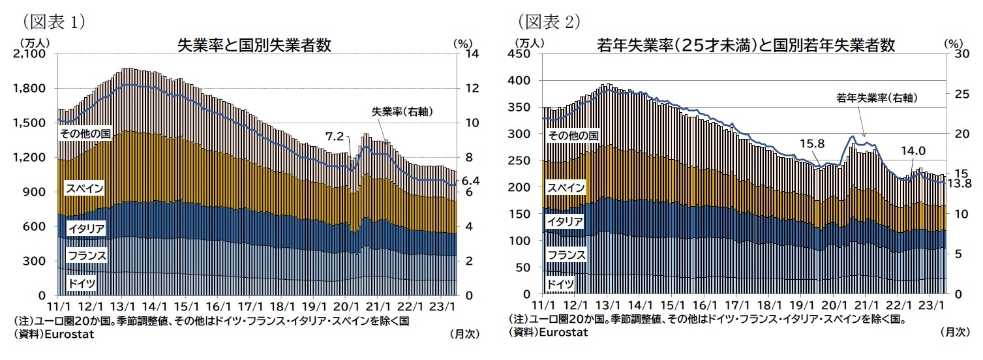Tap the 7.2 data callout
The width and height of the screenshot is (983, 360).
[x=334, y=136]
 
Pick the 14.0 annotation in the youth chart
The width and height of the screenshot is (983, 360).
[x=913, y=151]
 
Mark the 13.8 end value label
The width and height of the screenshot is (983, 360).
[x=961, y=184]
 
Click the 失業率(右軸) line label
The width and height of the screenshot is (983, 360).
[x=402, y=112]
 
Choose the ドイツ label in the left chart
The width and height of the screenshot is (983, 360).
[x=82, y=284]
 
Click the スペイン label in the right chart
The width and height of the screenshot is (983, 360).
[x=566, y=188]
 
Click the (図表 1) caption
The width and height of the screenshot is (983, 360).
[x=50, y=22]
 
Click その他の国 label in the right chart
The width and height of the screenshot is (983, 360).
[x=572, y=136]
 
